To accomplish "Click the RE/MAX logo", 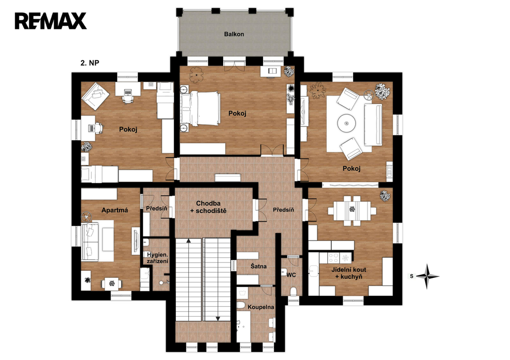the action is pyautogui.click(x=50, y=21).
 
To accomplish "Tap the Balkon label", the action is pyautogui.click(x=234, y=34).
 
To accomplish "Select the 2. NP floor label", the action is pyautogui.click(x=90, y=63).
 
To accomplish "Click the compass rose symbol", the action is pyautogui.click(x=427, y=276).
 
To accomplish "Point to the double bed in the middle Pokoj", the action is pyautogui.click(x=201, y=109).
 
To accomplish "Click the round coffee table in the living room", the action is pyautogui.click(x=347, y=123).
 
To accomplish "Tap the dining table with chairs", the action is pyautogui.click(x=352, y=211).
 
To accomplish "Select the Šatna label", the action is pyautogui.click(x=258, y=266).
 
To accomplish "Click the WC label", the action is pyautogui.click(x=291, y=275).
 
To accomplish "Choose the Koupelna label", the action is pyautogui.click(x=260, y=307).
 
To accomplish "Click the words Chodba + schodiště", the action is pyautogui.click(x=208, y=207).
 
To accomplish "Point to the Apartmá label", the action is pyautogui.click(x=115, y=210).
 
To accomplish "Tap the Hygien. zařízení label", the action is pyautogui.click(x=157, y=258).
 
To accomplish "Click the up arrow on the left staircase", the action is pyautogui.click(x=188, y=241).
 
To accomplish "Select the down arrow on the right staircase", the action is pyautogui.click(x=218, y=318).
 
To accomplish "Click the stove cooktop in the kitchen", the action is pyautogui.click(x=334, y=258).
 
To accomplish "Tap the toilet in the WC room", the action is pyautogui.click(x=293, y=291).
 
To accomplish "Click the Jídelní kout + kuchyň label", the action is pyautogui.click(x=349, y=273).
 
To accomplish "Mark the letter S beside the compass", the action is pyautogui.click(x=412, y=276).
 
